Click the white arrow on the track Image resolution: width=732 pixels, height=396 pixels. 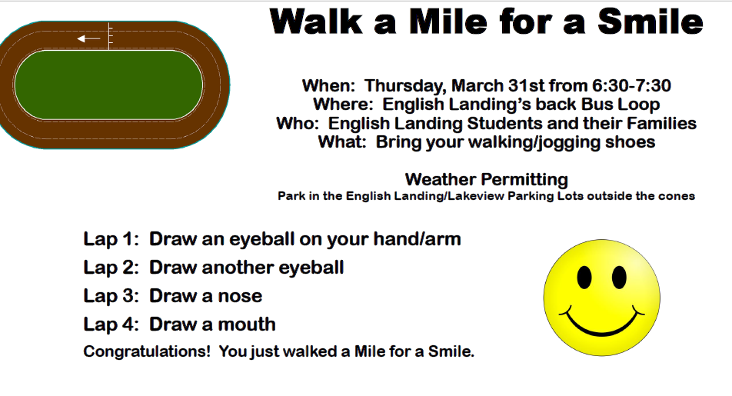point(88,38)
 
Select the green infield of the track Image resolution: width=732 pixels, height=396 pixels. point(108,85)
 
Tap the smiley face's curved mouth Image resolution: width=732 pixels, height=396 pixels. point(602,322)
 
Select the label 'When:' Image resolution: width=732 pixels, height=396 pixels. point(329,85)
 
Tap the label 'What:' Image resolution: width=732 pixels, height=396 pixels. point(343,141)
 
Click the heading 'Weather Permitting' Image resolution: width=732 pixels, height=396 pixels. point(486,179)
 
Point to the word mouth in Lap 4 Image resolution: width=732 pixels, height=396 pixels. point(245,324)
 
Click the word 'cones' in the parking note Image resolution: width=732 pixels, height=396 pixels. point(676,196)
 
